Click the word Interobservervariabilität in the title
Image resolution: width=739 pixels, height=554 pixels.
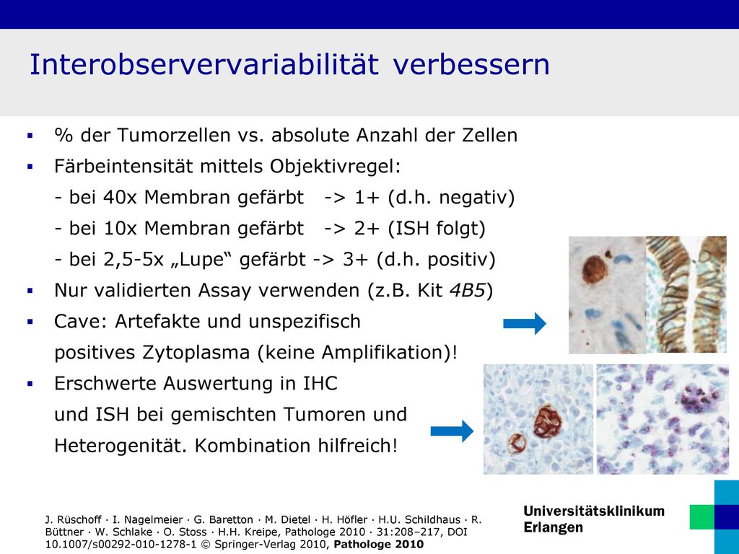(204, 64)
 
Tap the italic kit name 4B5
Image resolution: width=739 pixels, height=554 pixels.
(467, 291)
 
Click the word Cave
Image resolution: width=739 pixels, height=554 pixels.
(81, 322)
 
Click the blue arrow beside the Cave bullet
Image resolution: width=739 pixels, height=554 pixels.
(525, 324)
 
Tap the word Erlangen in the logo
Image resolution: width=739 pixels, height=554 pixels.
(553, 527)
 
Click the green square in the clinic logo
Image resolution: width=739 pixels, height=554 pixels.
(701, 516)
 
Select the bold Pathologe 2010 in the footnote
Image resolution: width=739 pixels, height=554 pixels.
(378, 545)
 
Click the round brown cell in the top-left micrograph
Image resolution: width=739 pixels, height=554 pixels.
(595, 271)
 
